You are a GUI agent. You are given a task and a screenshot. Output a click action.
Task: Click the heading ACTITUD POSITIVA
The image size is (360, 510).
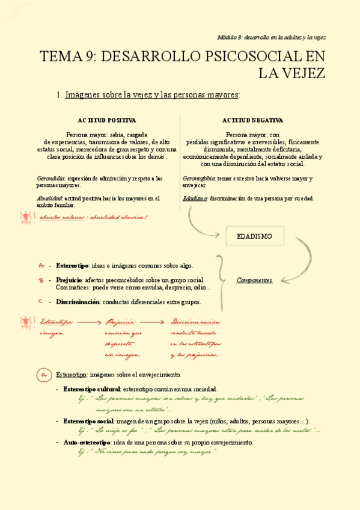(106, 120)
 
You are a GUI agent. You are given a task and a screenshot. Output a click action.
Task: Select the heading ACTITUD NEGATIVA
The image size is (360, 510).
(252, 120)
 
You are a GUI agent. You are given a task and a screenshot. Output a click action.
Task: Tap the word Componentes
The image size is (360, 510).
(254, 280)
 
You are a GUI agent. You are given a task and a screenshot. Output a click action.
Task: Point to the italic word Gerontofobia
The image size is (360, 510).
(199, 179)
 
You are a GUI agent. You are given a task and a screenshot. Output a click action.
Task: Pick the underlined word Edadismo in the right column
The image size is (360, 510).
(195, 198)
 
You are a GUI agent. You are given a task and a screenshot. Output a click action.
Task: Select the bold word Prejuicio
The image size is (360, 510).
(69, 280)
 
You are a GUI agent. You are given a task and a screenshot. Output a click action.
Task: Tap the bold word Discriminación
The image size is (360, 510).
(78, 302)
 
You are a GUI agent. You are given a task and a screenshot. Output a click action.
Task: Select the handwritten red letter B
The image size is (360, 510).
(40, 280)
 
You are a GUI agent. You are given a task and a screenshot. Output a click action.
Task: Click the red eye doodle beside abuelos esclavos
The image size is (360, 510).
(26, 217)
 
